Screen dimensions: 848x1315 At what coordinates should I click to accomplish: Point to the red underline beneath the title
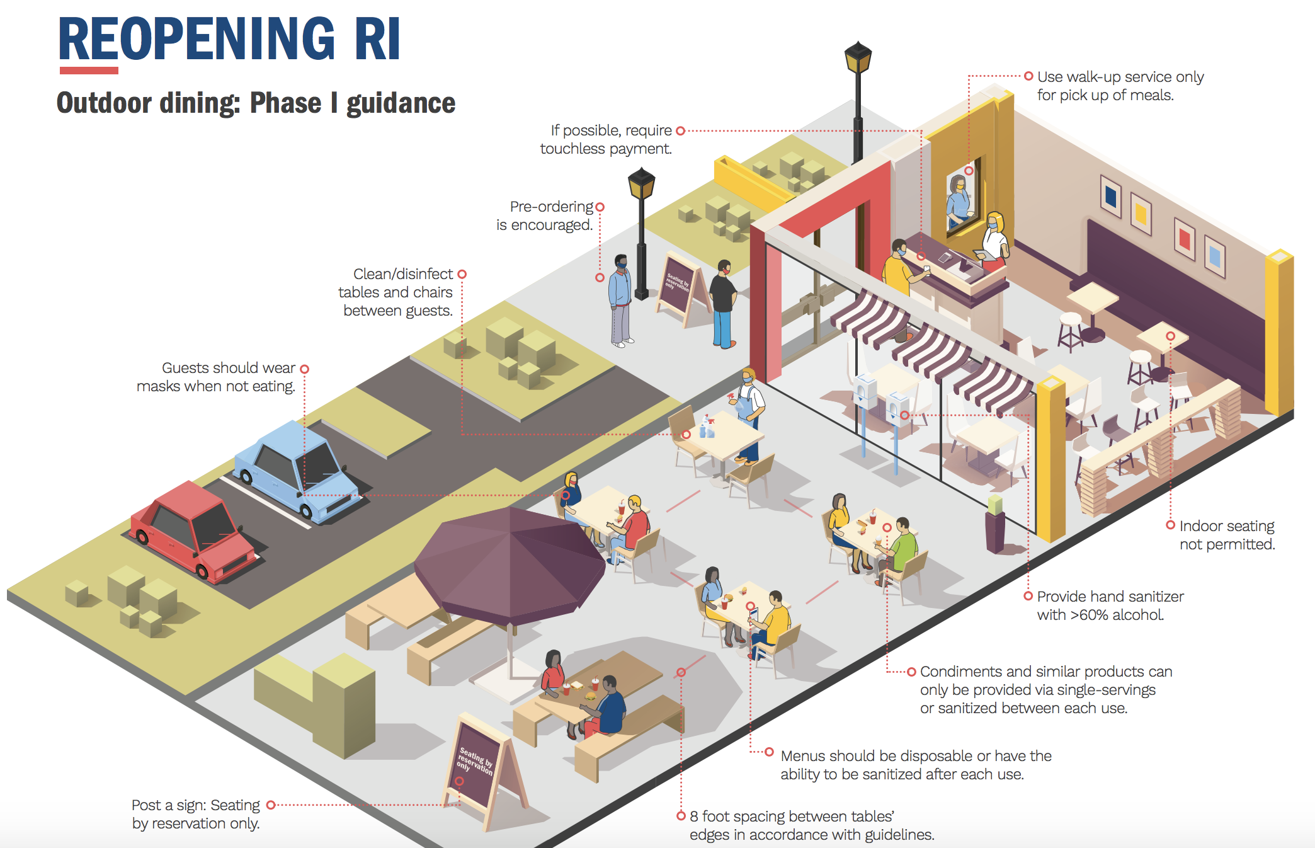[89, 71]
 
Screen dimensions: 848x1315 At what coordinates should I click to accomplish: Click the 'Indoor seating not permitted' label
[1226, 535]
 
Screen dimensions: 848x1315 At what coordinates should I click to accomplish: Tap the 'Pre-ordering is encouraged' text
[545, 215]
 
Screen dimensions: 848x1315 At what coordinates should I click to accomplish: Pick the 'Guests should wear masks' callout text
[216, 377]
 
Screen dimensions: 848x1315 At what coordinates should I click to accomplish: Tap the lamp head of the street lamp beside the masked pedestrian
[641, 184]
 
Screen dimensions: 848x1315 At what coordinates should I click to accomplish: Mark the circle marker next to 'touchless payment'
[680, 131]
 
